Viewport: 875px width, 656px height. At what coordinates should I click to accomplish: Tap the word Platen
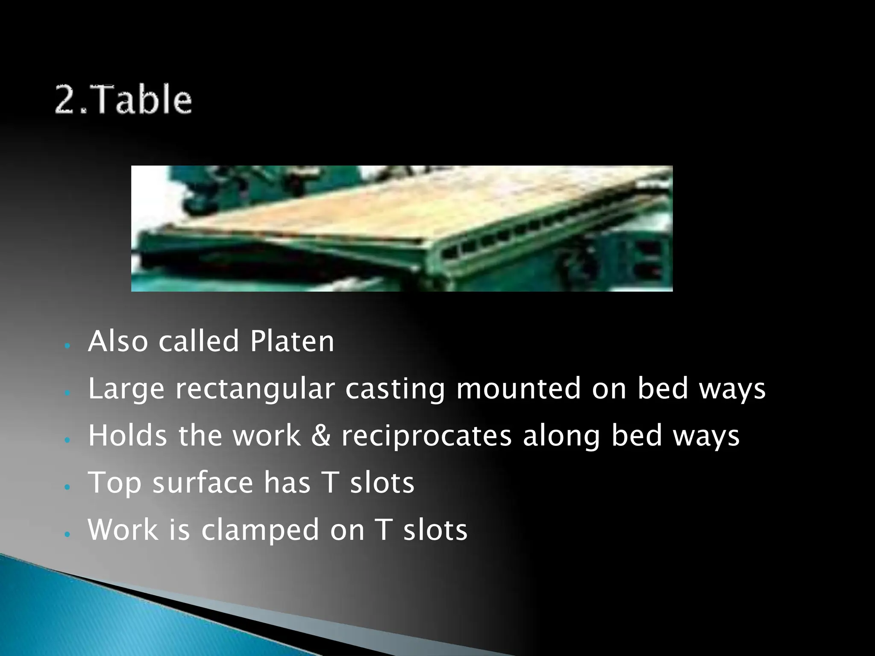click(x=292, y=341)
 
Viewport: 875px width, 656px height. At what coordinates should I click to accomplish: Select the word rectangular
click(x=255, y=389)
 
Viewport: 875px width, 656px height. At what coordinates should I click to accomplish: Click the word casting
click(x=395, y=389)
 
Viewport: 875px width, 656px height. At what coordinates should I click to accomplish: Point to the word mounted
click(x=518, y=389)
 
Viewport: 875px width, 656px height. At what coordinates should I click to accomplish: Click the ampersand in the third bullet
click(x=320, y=436)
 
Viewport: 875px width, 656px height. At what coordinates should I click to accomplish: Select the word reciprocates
click(x=426, y=436)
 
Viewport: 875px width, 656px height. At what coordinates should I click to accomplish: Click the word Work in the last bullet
click(x=123, y=530)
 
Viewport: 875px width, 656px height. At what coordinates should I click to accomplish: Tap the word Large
click(x=126, y=389)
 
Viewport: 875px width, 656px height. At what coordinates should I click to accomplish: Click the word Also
click(x=117, y=341)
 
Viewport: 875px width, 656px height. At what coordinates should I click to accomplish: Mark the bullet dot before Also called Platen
click(x=66, y=345)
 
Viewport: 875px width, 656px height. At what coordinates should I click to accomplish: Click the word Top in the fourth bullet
click(x=115, y=483)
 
